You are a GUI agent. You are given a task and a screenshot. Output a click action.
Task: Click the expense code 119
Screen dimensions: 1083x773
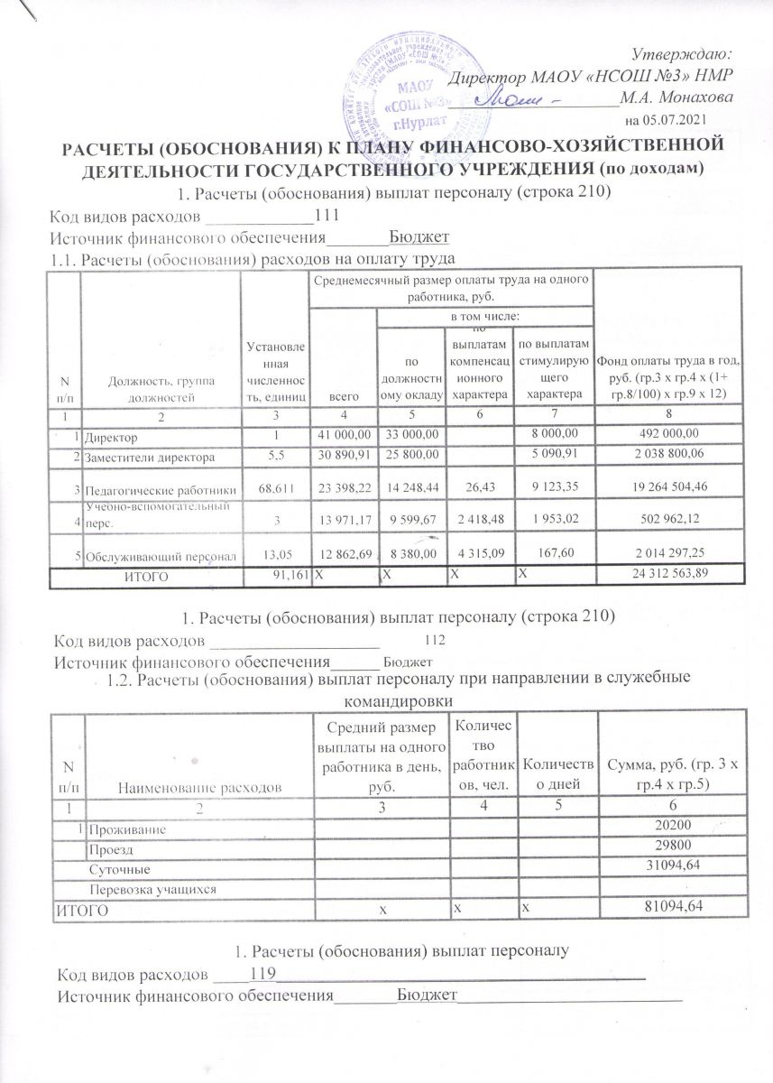(262, 975)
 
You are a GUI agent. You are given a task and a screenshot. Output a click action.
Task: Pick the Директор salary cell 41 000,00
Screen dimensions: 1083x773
(343, 438)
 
